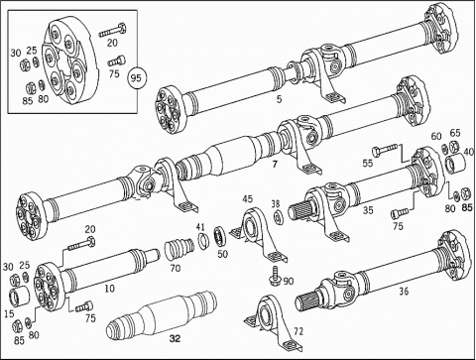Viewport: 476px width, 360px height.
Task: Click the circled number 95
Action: pos(136,78)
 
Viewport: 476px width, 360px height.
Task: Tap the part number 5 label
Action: pos(280,99)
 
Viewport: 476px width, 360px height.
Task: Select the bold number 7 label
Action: pos(275,164)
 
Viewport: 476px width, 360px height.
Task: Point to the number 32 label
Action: pos(175,338)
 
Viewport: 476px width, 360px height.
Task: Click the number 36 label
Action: pos(404,292)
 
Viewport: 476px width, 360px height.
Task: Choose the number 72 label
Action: pos(297,331)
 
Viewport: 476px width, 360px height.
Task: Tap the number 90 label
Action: pos(289,281)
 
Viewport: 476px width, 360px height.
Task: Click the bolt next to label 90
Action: pos(275,275)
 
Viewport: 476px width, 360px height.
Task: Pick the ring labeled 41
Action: pos(204,240)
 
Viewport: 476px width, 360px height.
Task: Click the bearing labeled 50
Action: pos(220,236)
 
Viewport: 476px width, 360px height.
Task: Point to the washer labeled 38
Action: pos(279,218)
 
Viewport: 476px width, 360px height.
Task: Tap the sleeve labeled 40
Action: pos(455,164)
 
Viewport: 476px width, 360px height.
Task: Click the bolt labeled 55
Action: pos(385,150)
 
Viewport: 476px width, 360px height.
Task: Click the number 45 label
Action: pos(247,198)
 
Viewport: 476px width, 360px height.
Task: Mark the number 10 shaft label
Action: pos(109,289)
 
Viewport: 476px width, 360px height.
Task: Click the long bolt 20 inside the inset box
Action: pos(112,31)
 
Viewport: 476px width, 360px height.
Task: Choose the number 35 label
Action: pos(368,210)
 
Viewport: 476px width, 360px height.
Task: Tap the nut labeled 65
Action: pos(454,145)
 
